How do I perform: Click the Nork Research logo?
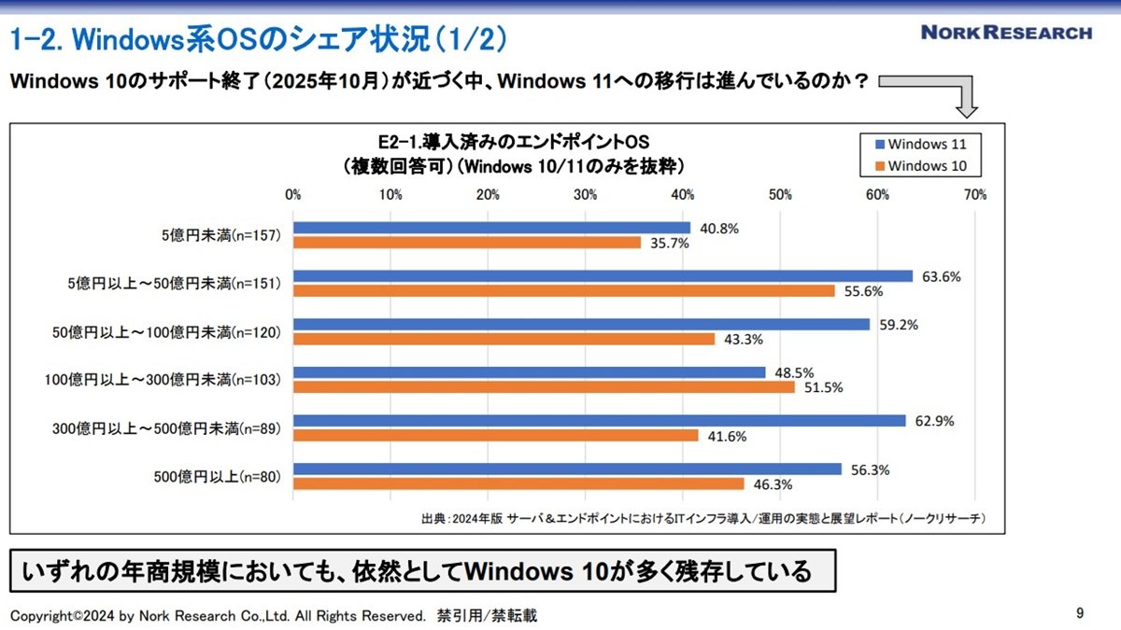tap(1006, 33)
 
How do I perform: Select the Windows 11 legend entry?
tap(921, 144)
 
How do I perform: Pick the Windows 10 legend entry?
tap(921, 166)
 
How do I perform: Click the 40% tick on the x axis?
tap(683, 194)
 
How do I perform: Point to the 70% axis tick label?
tap(975, 194)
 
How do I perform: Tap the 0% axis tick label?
tap(292, 194)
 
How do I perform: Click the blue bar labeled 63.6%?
tap(603, 276)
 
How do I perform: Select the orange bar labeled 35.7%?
tap(467, 243)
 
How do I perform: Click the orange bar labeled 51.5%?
tap(544, 387)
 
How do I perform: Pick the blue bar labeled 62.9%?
tap(600, 421)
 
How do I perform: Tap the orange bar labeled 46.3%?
tap(518, 484)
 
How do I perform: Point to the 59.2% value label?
tap(899, 325)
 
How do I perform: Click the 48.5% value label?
tap(794, 373)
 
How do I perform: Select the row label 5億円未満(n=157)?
tap(221, 235)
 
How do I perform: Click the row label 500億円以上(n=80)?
tap(217, 477)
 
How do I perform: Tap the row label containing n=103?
tap(163, 380)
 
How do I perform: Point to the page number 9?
tap(1080, 613)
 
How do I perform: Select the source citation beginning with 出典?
tap(703, 519)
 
